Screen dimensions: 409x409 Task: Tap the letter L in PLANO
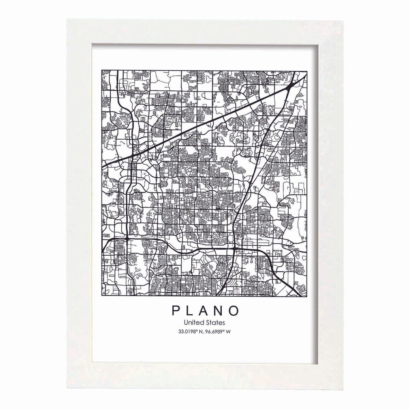pyautogui.click(x=189, y=311)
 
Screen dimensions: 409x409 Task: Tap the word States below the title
pyautogui.click(x=217, y=322)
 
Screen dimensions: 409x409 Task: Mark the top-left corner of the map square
pyautogui.click(x=102, y=70)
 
